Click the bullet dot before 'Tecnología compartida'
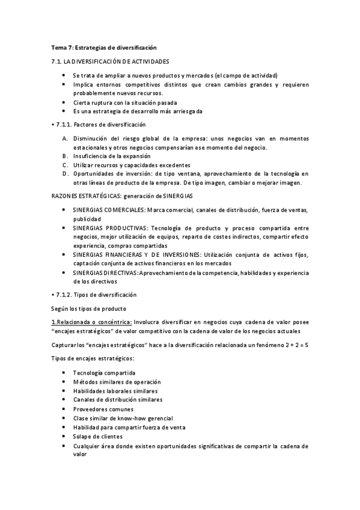pos(64,373)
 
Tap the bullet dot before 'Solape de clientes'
pos(64,436)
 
